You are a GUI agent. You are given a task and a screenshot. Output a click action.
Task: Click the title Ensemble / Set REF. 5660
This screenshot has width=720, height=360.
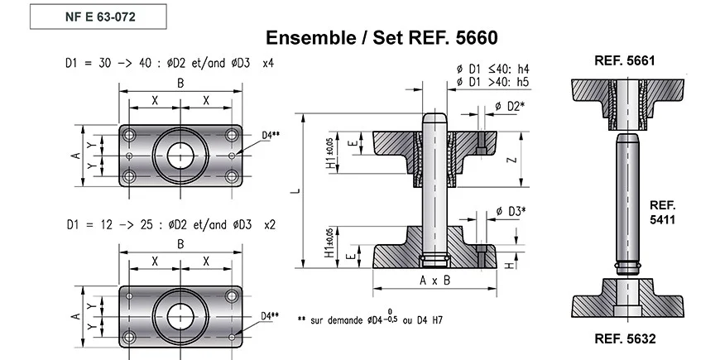click(382, 38)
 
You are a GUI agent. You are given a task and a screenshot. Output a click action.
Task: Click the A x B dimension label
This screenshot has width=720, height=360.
click(434, 280)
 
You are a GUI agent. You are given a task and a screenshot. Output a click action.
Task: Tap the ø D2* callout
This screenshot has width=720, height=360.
click(510, 107)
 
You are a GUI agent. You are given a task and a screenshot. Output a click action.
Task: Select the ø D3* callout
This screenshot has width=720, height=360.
click(511, 211)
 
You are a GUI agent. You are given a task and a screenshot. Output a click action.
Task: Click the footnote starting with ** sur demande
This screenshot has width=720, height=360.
click(390, 319)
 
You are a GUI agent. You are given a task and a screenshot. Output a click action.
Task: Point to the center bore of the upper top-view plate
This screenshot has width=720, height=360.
click(181, 155)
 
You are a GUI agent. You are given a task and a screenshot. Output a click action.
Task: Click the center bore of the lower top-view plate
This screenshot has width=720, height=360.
click(181, 315)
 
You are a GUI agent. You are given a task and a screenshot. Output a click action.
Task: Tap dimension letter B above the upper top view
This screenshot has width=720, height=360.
click(180, 83)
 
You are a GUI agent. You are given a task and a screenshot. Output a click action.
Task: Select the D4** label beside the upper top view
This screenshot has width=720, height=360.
click(271, 134)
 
